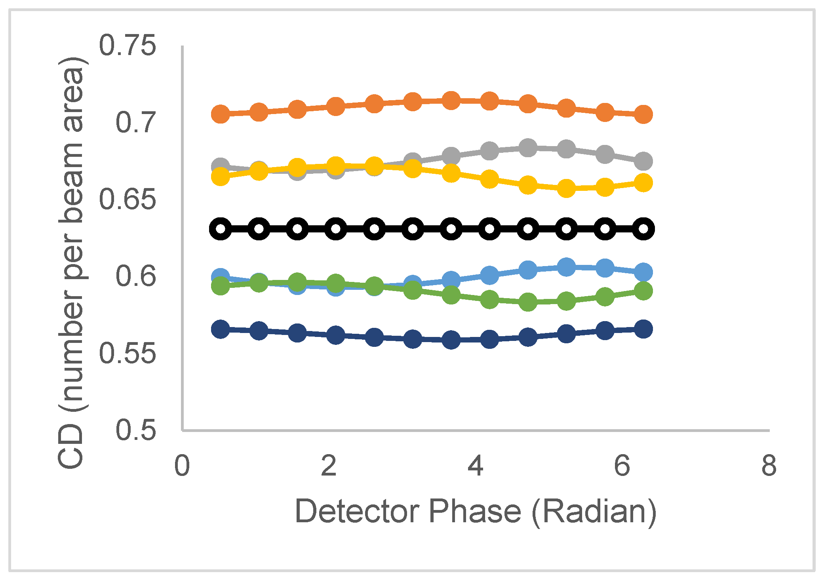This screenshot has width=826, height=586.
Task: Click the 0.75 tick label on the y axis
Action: [128, 46]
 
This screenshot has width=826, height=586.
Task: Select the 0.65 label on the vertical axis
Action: [128, 199]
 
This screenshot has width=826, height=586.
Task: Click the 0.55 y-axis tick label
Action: [128, 353]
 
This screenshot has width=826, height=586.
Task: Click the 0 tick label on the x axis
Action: [182, 466]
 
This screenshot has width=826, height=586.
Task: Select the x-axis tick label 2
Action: [329, 466]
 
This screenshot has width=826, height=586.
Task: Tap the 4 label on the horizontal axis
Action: [475, 466]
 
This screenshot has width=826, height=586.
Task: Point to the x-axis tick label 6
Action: [622, 466]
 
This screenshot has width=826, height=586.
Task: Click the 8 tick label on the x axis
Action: [769, 466]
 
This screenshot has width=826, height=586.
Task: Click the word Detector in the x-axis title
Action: [358, 512]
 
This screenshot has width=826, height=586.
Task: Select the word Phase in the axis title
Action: [475, 512]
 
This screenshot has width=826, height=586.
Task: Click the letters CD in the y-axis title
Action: [71, 447]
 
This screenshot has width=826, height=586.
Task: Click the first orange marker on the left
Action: [221, 114]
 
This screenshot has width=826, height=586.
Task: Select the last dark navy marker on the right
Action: [643, 329]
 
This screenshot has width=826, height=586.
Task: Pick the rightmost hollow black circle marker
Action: [643, 229]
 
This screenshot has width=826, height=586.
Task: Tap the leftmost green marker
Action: [221, 286]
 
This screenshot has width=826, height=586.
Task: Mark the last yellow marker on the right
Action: [643, 183]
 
